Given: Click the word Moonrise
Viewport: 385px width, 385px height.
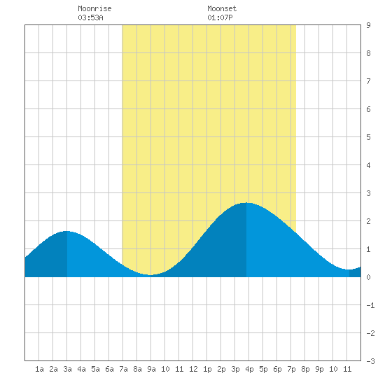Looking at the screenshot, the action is click(x=94, y=8).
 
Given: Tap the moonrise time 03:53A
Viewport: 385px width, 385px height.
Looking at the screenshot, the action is click(x=90, y=17).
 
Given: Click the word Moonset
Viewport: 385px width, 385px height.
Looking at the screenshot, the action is click(x=222, y=8).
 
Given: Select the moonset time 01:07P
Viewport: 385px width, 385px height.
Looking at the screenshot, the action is click(x=220, y=17).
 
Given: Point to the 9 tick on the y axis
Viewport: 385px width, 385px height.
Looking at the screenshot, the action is click(x=368, y=25).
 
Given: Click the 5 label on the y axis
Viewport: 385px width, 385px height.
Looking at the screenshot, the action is click(x=368, y=137).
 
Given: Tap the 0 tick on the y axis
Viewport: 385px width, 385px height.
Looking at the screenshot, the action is click(x=368, y=277).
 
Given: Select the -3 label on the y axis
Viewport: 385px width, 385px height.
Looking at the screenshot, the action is click(x=370, y=361).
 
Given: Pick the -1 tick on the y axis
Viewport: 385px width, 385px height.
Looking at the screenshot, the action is click(x=370, y=305).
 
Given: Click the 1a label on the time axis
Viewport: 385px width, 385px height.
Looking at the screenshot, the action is click(x=39, y=369).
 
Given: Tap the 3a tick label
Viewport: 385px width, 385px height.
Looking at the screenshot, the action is click(x=67, y=369).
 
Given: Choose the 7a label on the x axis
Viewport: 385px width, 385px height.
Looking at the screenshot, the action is click(x=123, y=369).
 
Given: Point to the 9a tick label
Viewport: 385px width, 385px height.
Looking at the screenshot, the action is click(x=151, y=369).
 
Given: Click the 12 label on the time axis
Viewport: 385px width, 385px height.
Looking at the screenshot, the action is click(x=193, y=369).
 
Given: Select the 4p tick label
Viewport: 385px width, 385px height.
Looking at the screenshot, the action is click(x=249, y=369).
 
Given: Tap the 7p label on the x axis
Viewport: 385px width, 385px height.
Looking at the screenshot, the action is click(x=291, y=369).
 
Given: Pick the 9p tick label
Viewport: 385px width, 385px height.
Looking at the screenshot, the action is click(x=319, y=369).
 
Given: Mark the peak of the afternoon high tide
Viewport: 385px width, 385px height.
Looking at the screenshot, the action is click(x=246, y=203).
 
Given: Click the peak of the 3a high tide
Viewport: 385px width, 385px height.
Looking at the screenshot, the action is click(x=66, y=231).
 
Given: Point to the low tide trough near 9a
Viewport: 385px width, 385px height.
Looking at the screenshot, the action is click(x=150, y=275).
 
